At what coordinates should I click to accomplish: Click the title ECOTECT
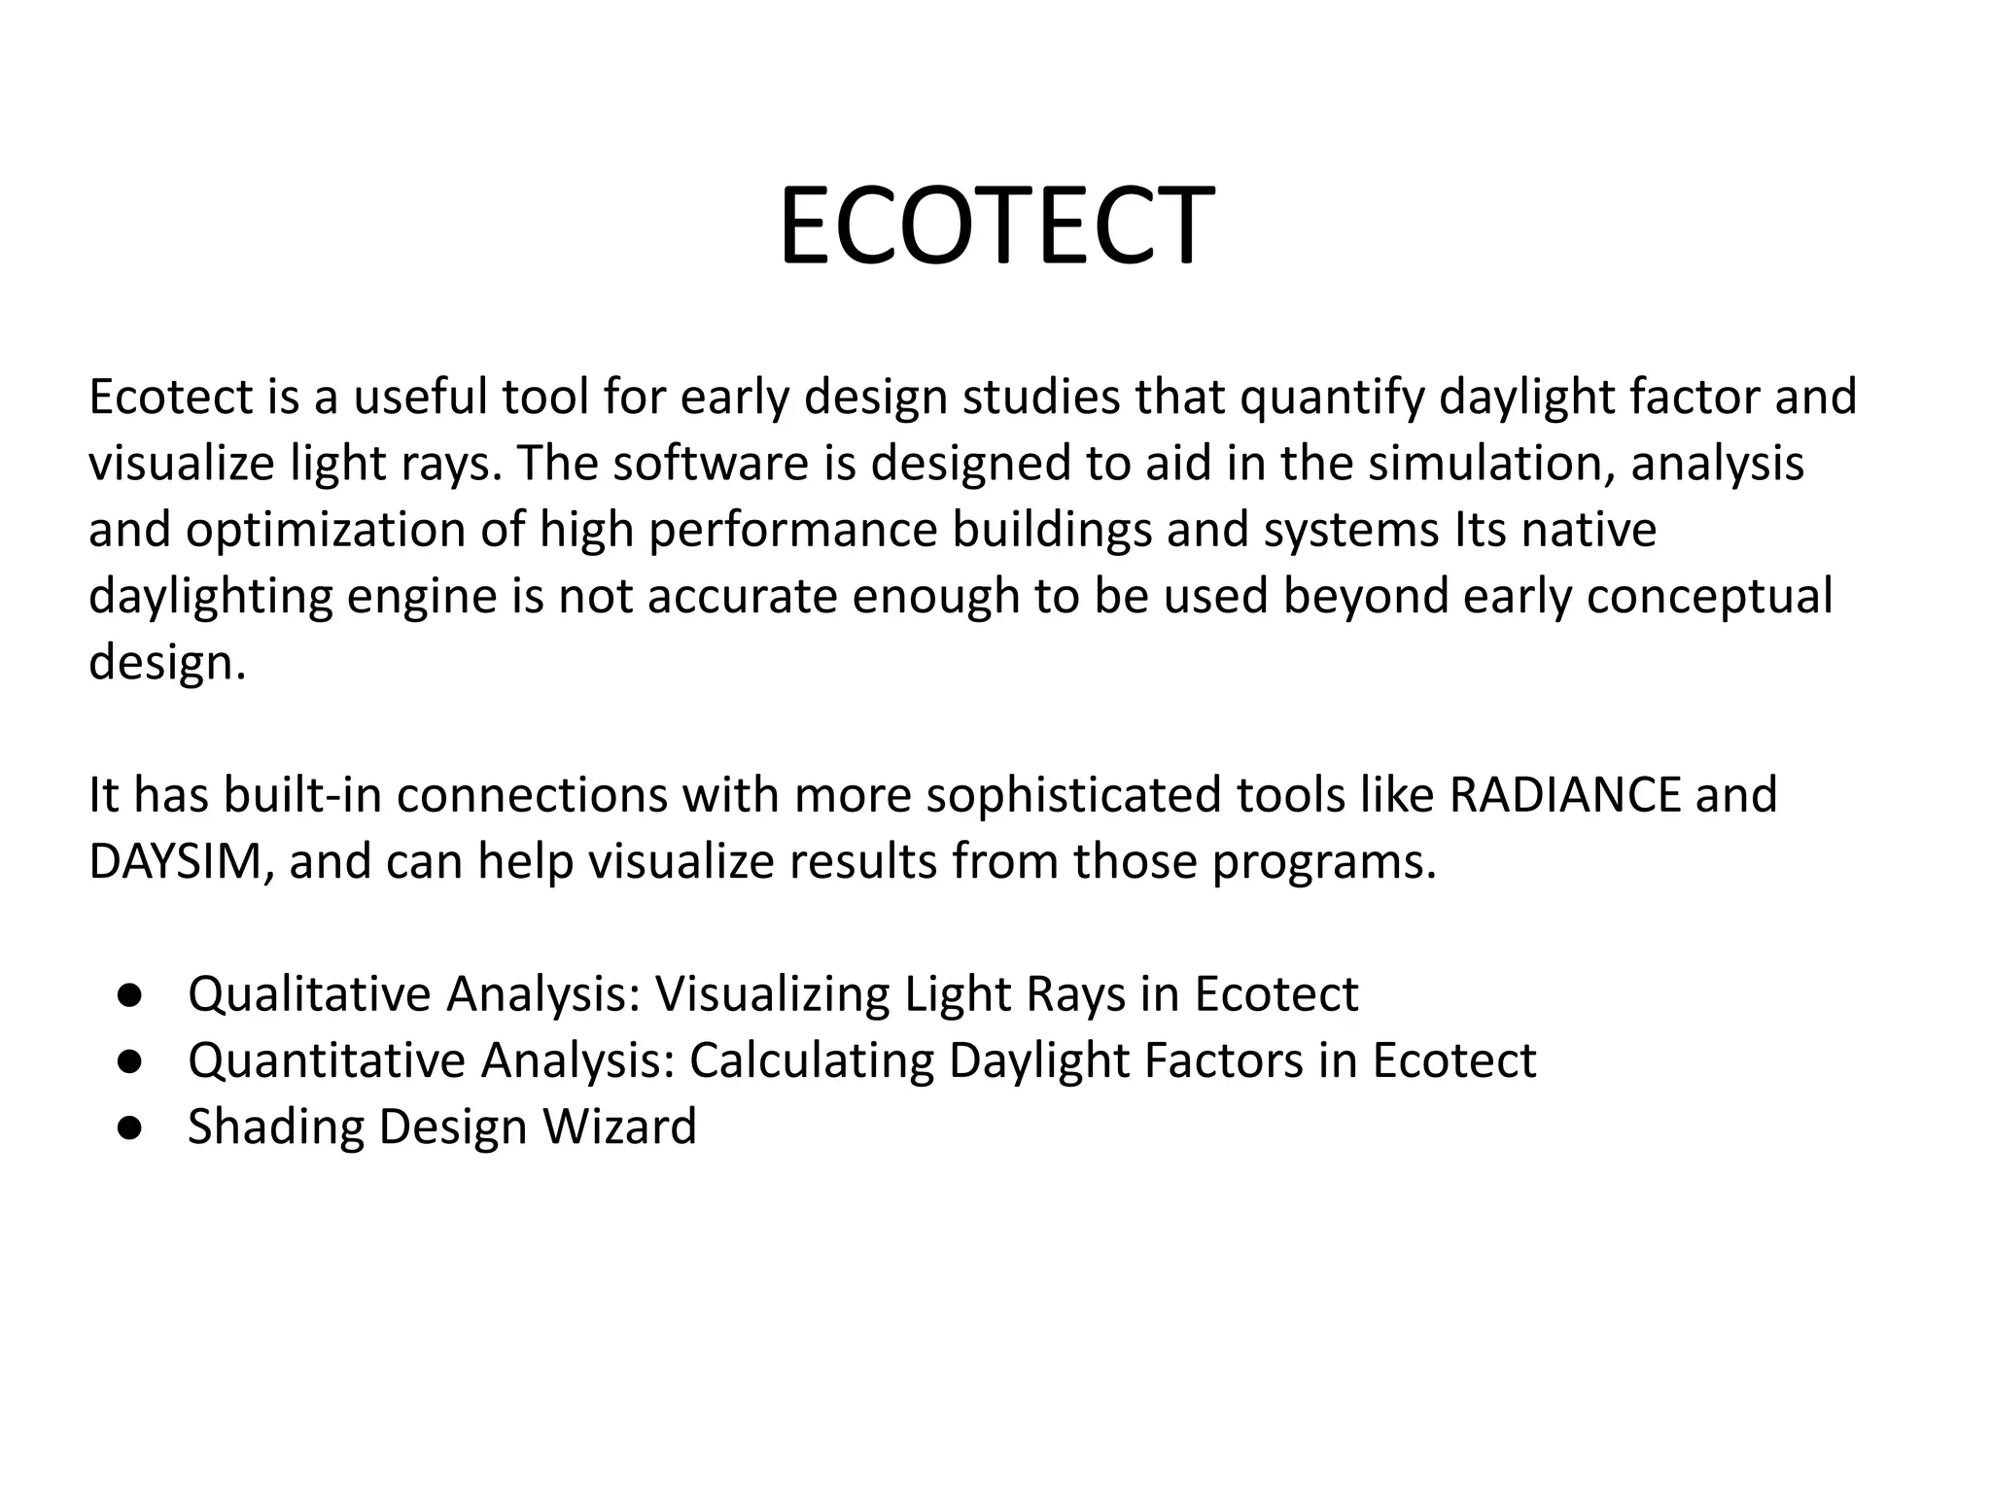pyautogui.click(x=995, y=226)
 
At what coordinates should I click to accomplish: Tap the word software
pyautogui.click(x=711, y=464)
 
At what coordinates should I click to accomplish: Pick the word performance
pyautogui.click(x=792, y=531)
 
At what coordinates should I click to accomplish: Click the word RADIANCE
pyautogui.click(x=1564, y=795)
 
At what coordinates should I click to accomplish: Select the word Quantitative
pyautogui.click(x=327, y=1060)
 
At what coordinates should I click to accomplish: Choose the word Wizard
pyautogui.click(x=619, y=1127)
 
